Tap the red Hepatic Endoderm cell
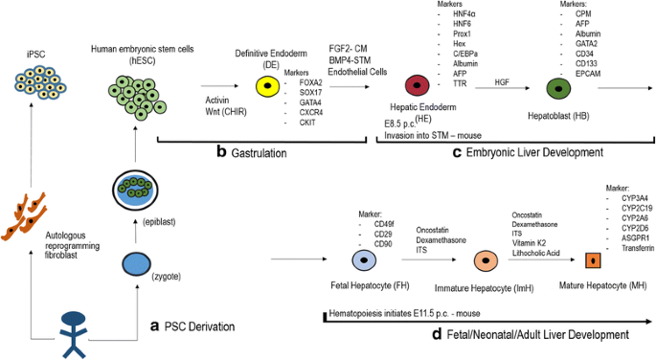click(417, 87)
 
